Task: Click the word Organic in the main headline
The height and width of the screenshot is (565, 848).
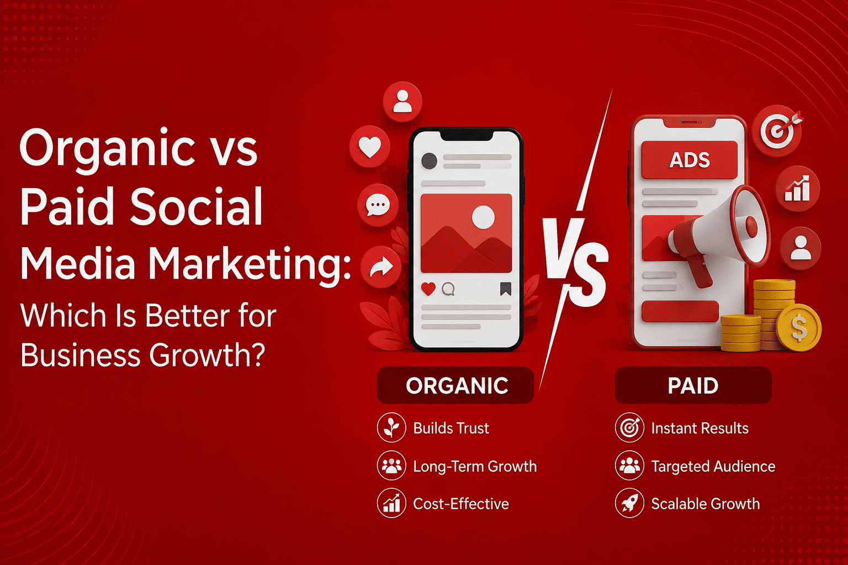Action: click(108, 150)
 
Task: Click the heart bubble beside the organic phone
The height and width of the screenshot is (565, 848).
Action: click(369, 146)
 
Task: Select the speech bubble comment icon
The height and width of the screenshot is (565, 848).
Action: click(378, 205)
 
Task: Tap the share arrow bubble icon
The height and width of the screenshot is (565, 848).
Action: click(380, 267)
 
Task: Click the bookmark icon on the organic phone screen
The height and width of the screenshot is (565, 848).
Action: click(506, 289)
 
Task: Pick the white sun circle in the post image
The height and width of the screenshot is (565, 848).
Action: click(483, 217)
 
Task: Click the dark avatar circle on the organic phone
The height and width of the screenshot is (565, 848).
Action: click(430, 161)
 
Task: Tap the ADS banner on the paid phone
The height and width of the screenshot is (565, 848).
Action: click(690, 159)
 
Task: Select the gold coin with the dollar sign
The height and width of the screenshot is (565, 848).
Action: click(799, 328)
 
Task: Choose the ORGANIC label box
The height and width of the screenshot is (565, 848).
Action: click(455, 385)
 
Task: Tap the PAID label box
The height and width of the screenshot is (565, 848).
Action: click(693, 385)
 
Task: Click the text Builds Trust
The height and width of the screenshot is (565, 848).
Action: click(451, 428)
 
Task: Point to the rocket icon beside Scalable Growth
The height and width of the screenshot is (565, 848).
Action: click(629, 503)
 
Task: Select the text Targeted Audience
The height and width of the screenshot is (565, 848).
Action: click(713, 466)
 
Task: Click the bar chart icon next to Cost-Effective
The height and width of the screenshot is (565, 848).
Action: click(391, 503)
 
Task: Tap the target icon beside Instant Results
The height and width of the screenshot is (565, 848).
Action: click(629, 428)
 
